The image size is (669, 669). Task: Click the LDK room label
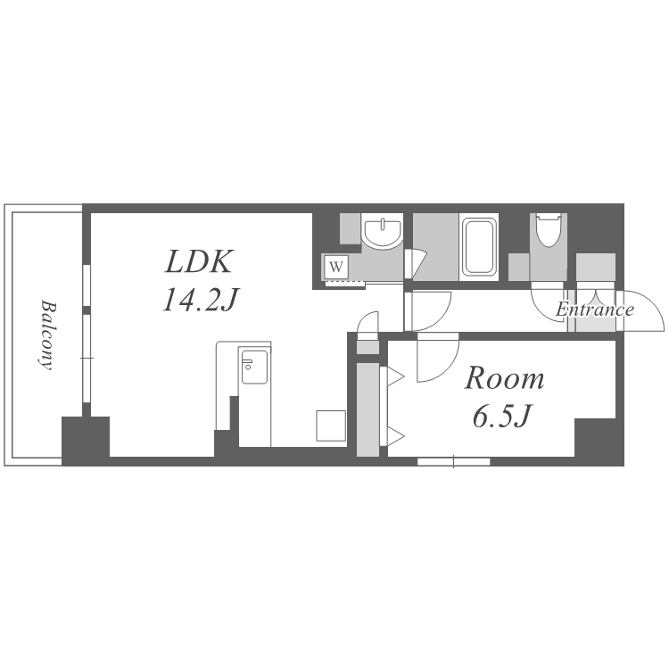tap(199, 261)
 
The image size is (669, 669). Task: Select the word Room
tap(504, 378)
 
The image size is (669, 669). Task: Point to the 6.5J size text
tap(502, 416)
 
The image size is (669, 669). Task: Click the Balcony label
tap(47, 334)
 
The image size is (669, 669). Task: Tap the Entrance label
tap(595, 309)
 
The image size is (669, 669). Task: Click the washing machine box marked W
tap(336, 267)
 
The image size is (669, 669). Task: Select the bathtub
tap(480, 246)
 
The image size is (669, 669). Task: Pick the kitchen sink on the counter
tap(254, 367)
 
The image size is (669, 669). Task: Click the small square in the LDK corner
tap(331, 425)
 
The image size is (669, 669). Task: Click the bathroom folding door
tap(414, 264)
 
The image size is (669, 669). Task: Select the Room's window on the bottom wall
tap(453, 461)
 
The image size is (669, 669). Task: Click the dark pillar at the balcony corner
tap(86, 441)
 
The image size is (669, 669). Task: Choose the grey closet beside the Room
tap(368, 409)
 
